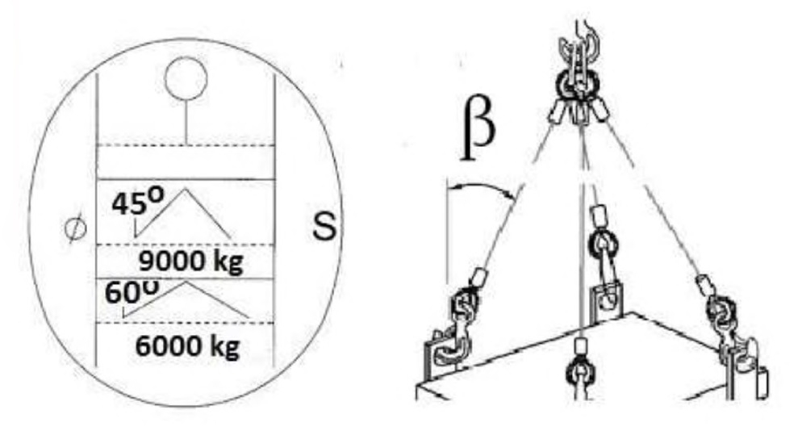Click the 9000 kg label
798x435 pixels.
[x=190, y=262]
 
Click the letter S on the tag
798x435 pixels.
[x=324, y=228]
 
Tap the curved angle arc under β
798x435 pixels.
[x=481, y=189]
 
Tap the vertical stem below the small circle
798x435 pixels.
[x=186, y=122]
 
